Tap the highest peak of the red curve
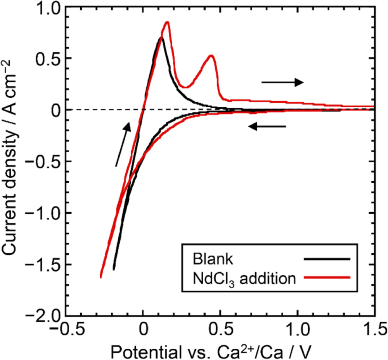point(167,22)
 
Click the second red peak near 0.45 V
point(211,56)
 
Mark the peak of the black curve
point(161,38)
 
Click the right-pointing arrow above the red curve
point(282,82)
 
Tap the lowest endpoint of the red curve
point(100,277)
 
